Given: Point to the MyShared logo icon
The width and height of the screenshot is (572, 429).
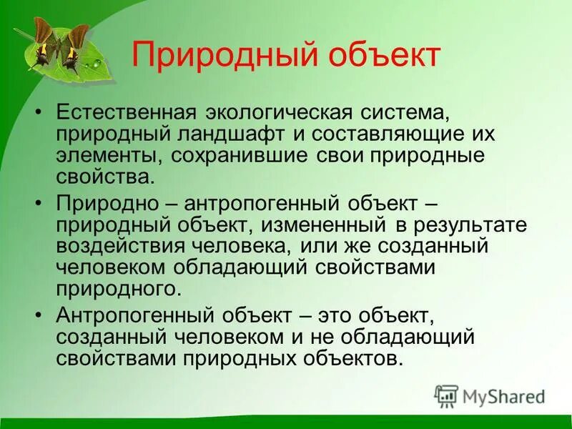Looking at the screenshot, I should click(x=447, y=395).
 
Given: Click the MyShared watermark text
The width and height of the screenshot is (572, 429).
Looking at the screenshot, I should click(x=503, y=396).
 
